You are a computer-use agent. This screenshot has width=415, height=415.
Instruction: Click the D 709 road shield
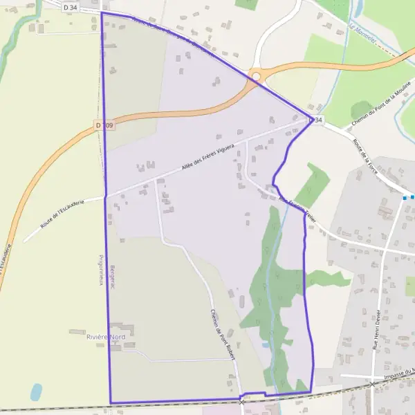104,125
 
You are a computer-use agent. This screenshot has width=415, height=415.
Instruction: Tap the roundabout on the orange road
258,76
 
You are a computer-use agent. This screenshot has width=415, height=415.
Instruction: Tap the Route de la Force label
366,156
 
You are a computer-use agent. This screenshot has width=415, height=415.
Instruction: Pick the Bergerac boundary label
111,265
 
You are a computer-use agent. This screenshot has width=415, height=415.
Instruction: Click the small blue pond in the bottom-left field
36,391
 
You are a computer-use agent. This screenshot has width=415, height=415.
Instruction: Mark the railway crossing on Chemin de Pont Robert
241,400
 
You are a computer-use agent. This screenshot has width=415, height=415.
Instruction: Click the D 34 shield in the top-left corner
70,8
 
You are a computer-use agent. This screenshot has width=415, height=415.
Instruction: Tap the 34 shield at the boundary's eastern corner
317,120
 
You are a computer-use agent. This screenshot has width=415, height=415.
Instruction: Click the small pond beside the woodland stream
266,344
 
